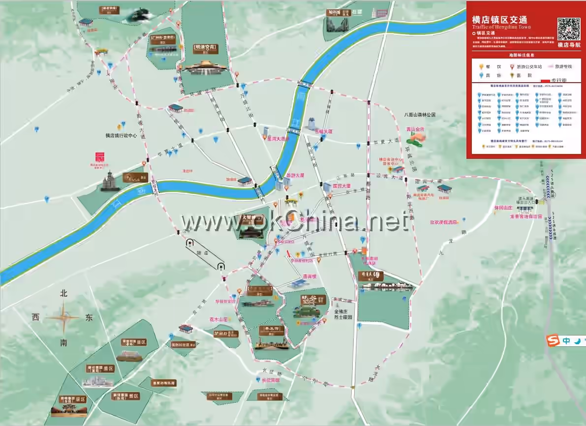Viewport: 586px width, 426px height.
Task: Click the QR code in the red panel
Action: tap(568, 29)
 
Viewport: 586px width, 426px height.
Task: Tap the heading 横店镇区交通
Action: tap(499, 20)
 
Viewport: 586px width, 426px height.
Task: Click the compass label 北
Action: tap(63, 294)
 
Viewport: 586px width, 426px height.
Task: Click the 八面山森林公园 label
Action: tap(420, 115)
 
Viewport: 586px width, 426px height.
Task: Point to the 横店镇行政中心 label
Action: tap(121, 135)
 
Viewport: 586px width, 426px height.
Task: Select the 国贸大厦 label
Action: tap(341, 186)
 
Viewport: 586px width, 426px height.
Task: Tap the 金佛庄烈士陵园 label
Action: tap(343, 314)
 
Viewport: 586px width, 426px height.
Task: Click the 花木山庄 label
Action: tap(219, 319)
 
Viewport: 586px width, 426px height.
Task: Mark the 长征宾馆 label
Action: tap(270, 380)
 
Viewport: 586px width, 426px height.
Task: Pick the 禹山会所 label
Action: tap(415, 129)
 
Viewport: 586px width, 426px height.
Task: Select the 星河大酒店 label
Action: tap(278, 139)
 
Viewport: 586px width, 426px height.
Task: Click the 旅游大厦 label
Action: tap(295, 175)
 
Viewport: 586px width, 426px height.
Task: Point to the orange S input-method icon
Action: tap(554, 340)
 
